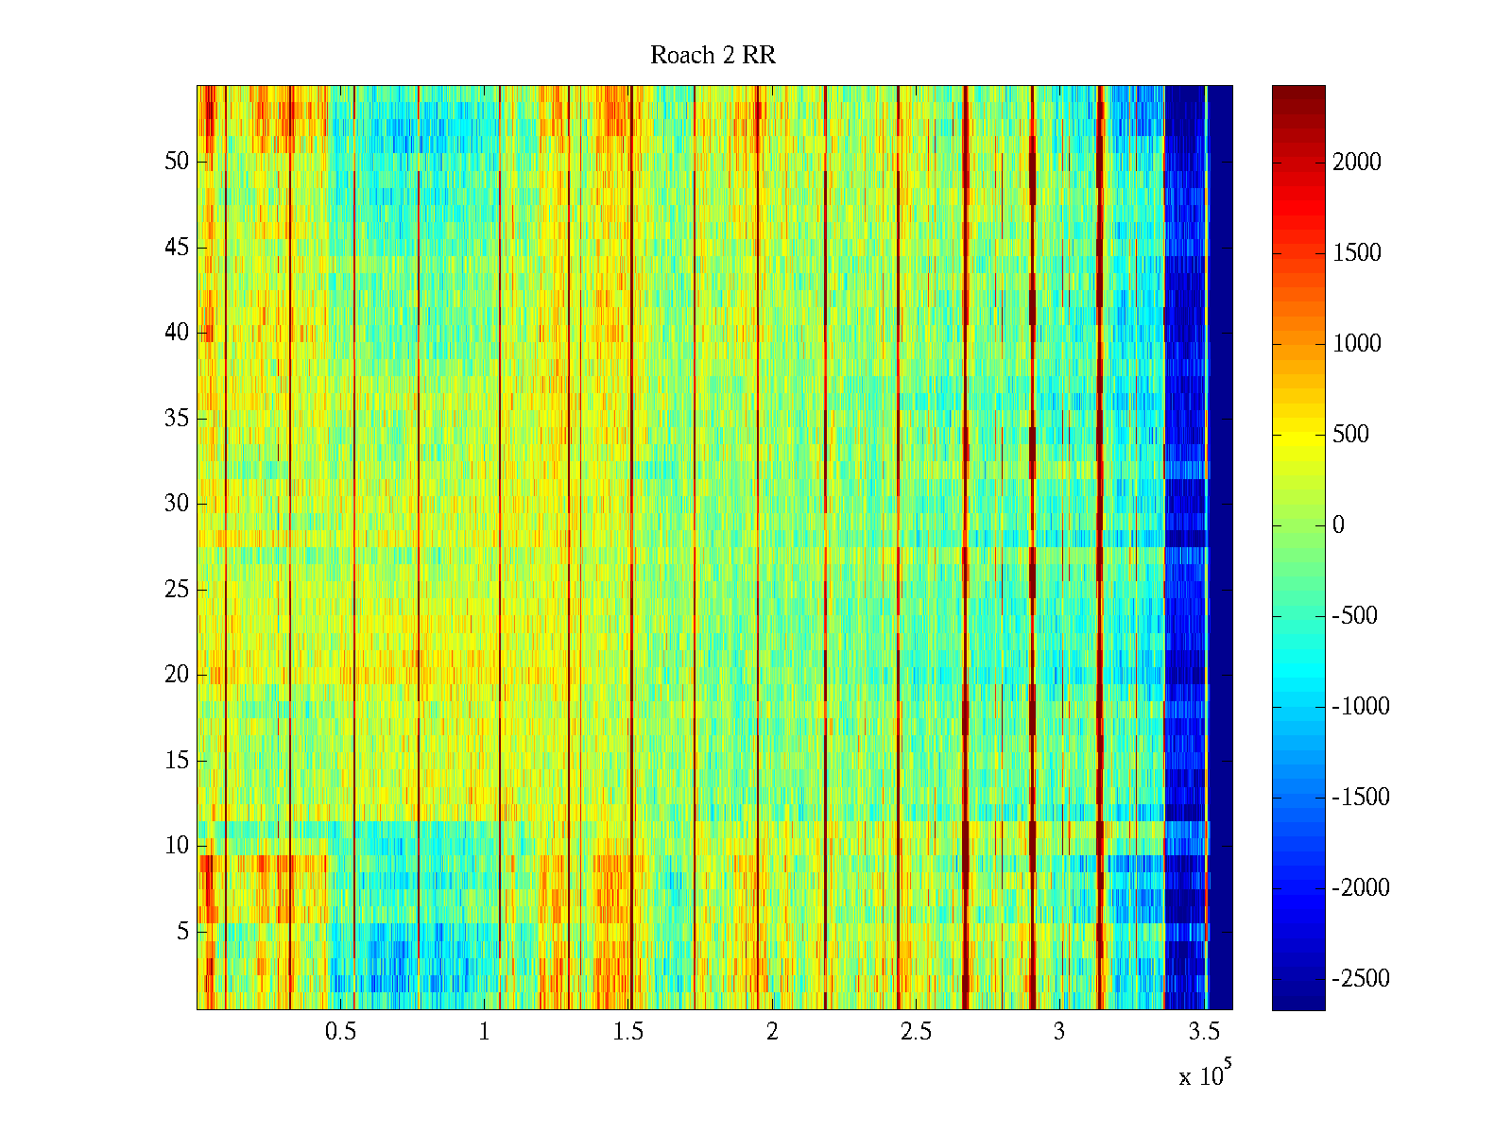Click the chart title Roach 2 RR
click(x=713, y=56)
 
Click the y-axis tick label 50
click(x=177, y=162)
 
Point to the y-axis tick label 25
click(x=177, y=590)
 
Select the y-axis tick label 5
click(x=182, y=932)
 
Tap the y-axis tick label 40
click(x=177, y=333)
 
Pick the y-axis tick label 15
click(x=177, y=761)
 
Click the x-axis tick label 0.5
click(x=340, y=1032)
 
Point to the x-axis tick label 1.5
click(x=628, y=1032)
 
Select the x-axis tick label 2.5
click(x=916, y=1032)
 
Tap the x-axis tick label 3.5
click(x=1204, y=1032)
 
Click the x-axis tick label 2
click(x=772, y=1032)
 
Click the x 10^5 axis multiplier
click(x=1205, y=1074)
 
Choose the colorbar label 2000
click(x=1357, y=163)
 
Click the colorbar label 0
click(x=1338, y=525)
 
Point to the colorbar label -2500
click(x=1361, y=979)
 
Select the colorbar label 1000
click(x=1357, y=344)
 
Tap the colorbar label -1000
click(x=1361, y=707)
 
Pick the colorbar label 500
click(x=1351, y=435)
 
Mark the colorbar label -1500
click(x=1361, y=798)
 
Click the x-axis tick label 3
click(x=1059, y=1032)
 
